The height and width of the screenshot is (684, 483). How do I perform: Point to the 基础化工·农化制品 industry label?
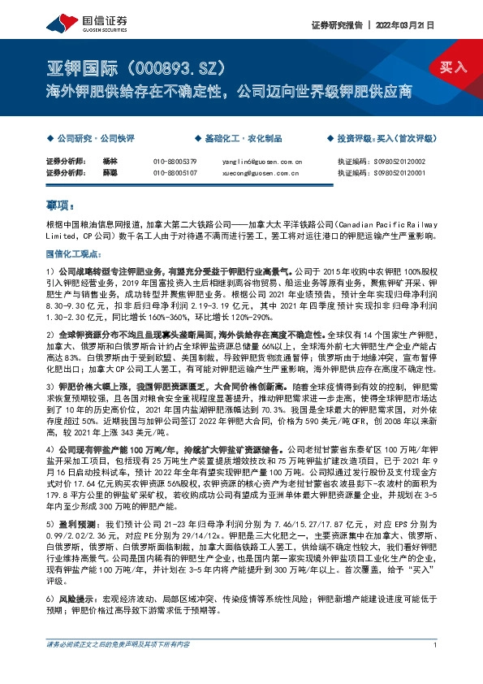(x=241, y=139)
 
